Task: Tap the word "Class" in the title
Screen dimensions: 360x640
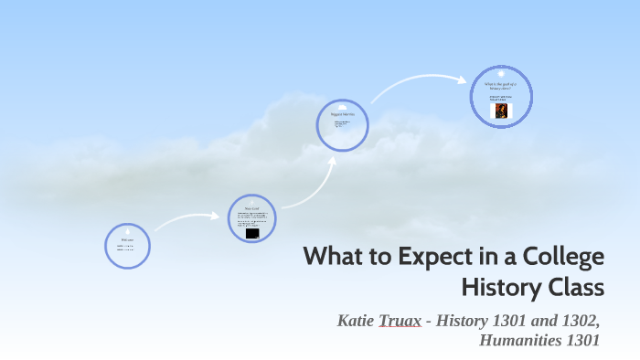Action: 575,288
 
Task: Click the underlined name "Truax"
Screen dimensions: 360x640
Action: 399,322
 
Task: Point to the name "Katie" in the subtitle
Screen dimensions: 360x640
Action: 356,322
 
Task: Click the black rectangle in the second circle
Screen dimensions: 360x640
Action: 252,234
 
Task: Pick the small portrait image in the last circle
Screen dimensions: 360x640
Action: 501,111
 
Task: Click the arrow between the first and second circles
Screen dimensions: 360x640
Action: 188,220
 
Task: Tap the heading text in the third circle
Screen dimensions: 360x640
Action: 342,115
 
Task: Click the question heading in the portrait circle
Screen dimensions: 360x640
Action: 501,85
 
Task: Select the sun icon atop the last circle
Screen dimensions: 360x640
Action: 501,73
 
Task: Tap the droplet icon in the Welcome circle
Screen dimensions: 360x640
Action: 127,230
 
